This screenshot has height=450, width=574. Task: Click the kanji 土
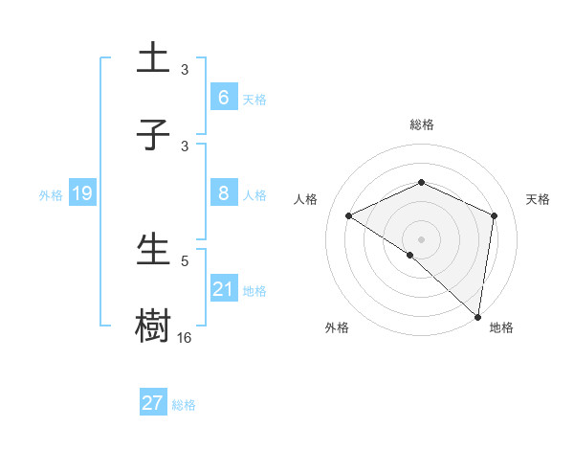point(153,58)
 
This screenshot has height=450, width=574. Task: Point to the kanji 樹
point(153,326)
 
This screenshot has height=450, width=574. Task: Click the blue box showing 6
point(223,98)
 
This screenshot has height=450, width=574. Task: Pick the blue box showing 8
point(223,193)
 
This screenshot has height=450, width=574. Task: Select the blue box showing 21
point(223,289)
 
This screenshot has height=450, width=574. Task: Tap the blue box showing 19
point(82,193)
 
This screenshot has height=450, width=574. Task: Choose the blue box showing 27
point(153,403)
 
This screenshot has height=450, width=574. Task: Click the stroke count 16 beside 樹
point(185,338)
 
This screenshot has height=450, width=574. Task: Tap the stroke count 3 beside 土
point(185,69)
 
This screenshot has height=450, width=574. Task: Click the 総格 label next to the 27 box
point(184,405)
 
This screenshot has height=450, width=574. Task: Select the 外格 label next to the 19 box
point(51,194)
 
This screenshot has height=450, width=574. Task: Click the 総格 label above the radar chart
point(421,125)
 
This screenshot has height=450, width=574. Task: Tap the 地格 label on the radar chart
point(501,328)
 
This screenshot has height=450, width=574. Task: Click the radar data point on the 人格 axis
point(349,216)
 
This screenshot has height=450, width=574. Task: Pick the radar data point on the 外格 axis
point(409,256)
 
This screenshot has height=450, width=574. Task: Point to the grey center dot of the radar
point(421,238)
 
